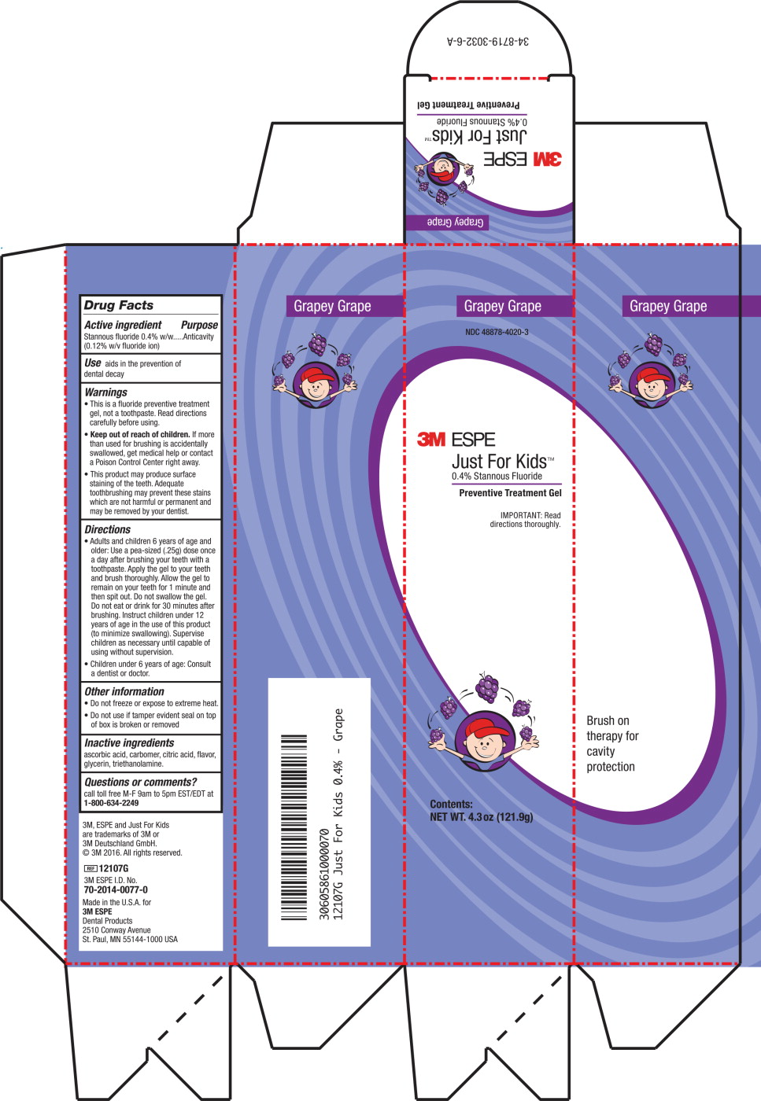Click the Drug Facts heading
(119, 305)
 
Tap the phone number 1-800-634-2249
(111, 803)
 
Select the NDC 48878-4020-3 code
(497, 332)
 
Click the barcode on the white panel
(294, 827)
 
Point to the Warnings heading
(106, 392)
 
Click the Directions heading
(108, 530)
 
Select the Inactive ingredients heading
(129, 742)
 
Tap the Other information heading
(124, 691)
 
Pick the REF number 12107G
(113, 868)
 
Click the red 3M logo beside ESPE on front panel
(431, 440)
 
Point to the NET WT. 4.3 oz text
(481, 817)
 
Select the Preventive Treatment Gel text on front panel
(510, 493)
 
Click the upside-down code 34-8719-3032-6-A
(488, 41)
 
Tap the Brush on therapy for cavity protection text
(611, 743)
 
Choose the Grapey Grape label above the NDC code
(502, 306)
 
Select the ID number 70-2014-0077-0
(116, 889)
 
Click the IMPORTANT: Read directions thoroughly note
(525, 520)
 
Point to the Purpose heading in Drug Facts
(199, 325)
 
